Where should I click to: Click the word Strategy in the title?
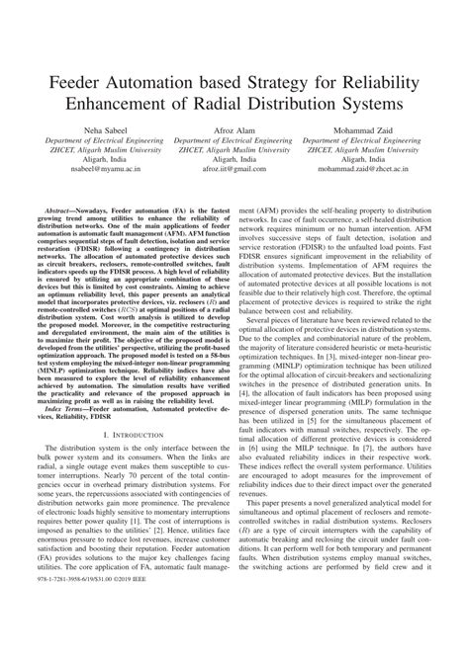pos(278,78)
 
